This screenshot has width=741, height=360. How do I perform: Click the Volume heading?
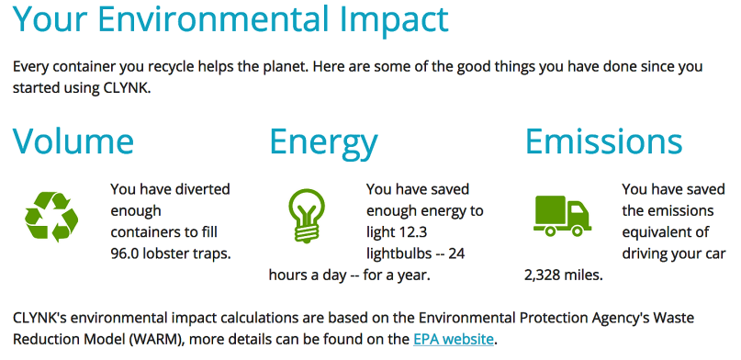[73, 141]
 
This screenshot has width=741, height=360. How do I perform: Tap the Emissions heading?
[604, 141]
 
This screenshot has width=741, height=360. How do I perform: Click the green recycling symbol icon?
[51, 217]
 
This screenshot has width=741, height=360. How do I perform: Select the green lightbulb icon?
[307, 215]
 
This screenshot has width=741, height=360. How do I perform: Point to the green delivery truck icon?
[562, 216]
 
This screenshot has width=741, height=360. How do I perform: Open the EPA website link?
[454, 339]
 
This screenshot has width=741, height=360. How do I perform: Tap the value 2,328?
[543, 275]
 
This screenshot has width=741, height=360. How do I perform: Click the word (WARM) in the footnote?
[153, 339]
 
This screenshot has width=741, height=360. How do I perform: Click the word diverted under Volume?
[203, 189]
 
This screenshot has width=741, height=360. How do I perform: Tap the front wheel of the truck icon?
[578, 231]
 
